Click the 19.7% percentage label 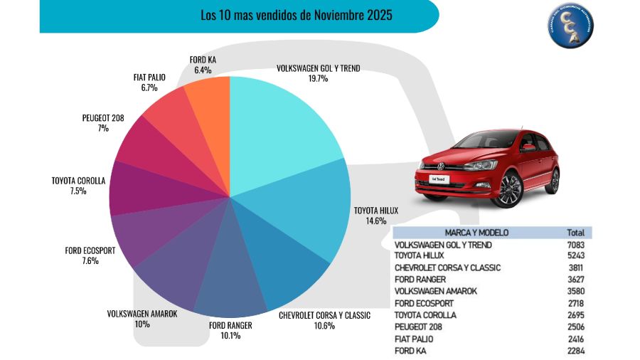pos(318,79)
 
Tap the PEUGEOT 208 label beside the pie pos(103,118)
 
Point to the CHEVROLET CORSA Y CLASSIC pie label pos(324,314)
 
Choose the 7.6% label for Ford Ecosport pos(90,260)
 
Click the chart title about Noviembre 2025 pos(296,14)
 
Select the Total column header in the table pos(575,233)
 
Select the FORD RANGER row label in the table pos(420,280)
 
